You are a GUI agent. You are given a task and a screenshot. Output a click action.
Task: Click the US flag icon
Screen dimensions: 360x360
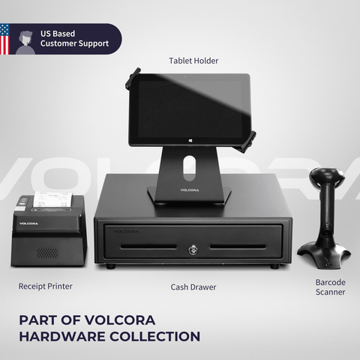coord(4,39)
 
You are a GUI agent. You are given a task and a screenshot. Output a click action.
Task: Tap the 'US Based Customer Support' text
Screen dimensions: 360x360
coord(74,38)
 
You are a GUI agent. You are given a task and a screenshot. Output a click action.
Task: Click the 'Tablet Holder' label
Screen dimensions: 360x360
coord(193,60)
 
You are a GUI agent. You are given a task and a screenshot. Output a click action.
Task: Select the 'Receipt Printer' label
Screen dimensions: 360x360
coord(46,286)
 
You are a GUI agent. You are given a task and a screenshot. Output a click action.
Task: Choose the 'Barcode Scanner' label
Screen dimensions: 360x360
coord(330,287)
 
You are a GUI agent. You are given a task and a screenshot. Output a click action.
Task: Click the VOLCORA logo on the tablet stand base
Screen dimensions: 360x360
coord(190,190)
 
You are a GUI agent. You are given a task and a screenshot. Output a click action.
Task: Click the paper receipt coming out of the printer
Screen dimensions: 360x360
coord(50,200)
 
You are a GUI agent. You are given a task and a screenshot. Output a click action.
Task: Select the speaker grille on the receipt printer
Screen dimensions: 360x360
coord(47,251)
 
